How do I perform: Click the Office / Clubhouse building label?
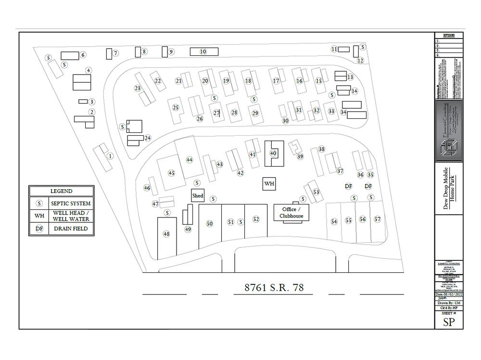291,213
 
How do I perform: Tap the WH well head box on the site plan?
269,184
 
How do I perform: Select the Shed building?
198,195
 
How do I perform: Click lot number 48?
166,234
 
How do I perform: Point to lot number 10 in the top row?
203,51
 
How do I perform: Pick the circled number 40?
273,153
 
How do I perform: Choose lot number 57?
377,219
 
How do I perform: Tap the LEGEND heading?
61,191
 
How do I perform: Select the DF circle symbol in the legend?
39,229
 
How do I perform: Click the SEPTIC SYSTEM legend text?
71,203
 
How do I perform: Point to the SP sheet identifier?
448,322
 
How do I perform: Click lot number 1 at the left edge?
110,156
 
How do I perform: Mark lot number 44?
190,160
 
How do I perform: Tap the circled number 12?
360,61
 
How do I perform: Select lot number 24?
148,138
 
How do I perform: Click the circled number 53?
316,192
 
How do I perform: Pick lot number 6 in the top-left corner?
83,55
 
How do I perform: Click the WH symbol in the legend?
39,216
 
